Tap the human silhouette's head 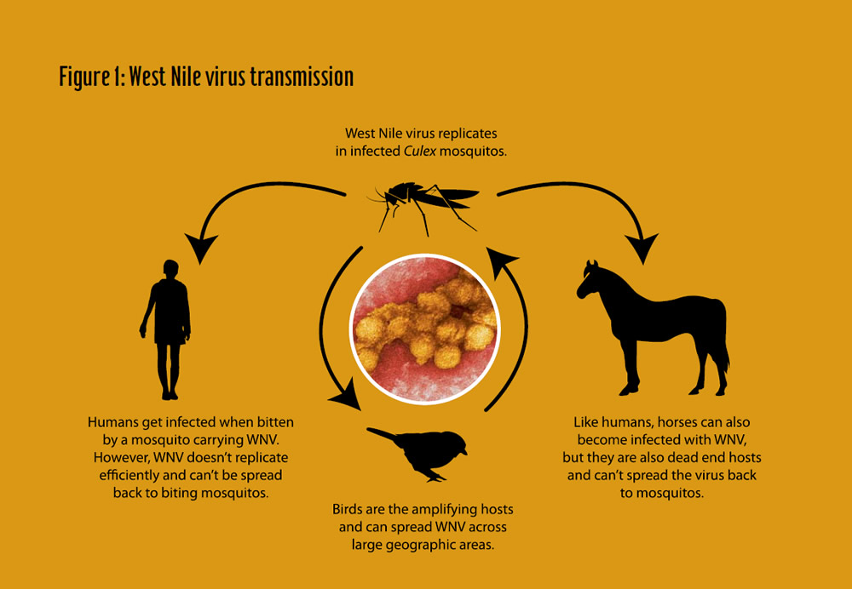coord(170,269)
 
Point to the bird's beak coord(464,450)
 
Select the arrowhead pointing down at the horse coord(642,247)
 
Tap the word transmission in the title coord(295,77)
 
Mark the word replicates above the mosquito coord(469,133)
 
